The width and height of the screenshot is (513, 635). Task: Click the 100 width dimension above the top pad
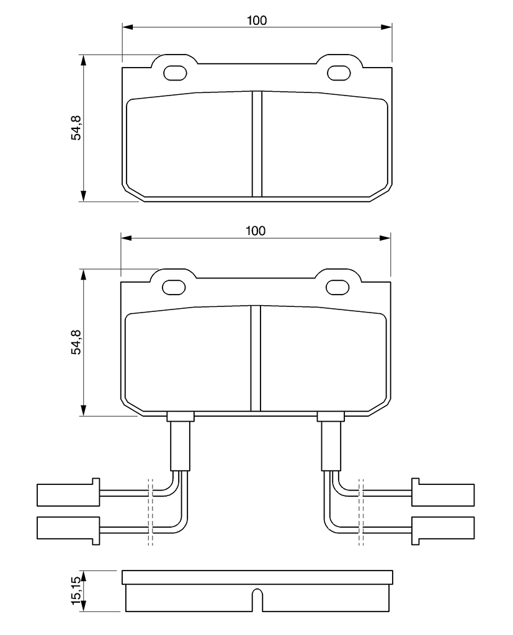pyautogui.click(x=257, y=20)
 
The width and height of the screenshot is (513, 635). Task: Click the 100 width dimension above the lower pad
pyautogui.click(x=256, y=231)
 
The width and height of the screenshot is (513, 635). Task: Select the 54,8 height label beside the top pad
pyautogui.click(x=76, y=128)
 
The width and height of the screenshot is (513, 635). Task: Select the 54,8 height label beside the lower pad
pyautogui.click(x=76, y=342)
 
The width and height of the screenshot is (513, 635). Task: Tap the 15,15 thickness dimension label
pyautogui.click(x=76, y=591)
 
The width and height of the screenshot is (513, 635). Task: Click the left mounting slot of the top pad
pyautogui.click(x=175, y=73)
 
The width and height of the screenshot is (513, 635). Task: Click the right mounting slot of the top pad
pyautogui.click(x=338, y=73)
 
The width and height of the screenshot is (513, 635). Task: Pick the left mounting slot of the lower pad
pyautogui.click(x=174, y=287)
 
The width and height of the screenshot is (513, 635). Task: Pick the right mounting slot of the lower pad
pyautogui.click(x=337, y=287)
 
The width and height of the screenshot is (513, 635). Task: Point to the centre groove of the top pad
pyautogui.click(x=257, y=144)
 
